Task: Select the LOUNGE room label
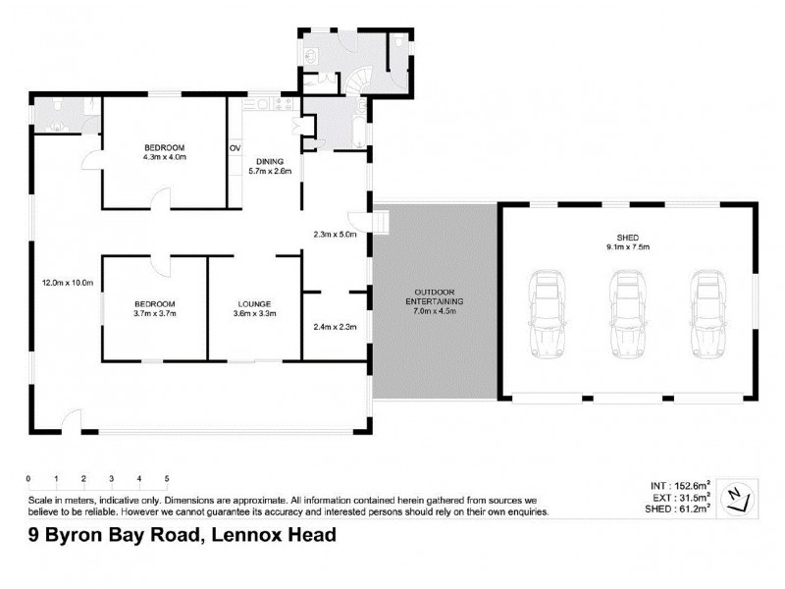point(253,304)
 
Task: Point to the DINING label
point(270,161)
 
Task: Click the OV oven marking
point(235,148)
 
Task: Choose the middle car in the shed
point(627,312)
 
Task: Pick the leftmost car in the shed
point(548,312)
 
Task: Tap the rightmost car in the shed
point(706,312)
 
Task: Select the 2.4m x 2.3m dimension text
point(334,327)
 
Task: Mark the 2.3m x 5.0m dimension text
point(334,235)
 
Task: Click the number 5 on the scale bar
point(167,479)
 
